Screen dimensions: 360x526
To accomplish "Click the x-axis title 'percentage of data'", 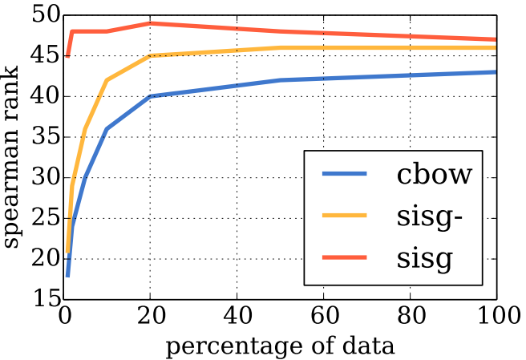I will pyautogui.click(x=280, y=346).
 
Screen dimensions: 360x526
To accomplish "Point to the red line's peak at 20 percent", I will pyautogui.click(x=151, y=23).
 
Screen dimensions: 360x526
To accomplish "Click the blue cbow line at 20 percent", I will pyautogui.click(x=151, y=96).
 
